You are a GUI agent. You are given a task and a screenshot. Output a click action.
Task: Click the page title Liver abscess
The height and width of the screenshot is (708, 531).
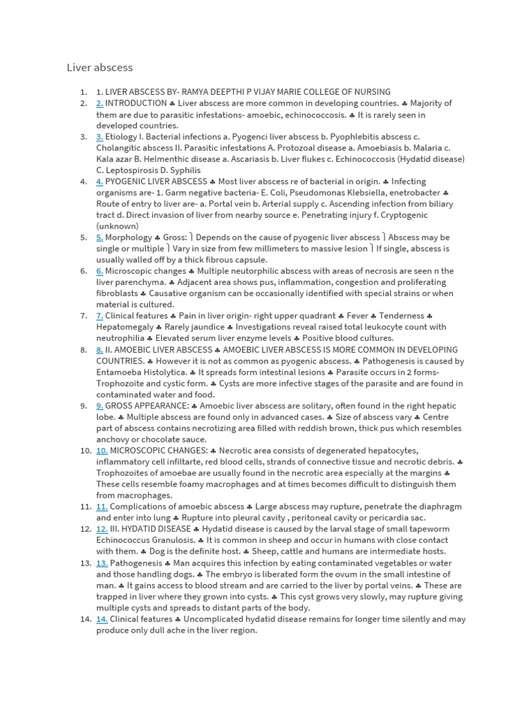pos(100,68)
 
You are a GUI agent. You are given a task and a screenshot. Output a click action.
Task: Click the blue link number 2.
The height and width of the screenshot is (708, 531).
pos(100,104)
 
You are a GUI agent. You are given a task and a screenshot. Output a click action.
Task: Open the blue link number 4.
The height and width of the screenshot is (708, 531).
pos(100,182)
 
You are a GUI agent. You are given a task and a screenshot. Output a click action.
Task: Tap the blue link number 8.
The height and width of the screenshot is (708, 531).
pos(100,350)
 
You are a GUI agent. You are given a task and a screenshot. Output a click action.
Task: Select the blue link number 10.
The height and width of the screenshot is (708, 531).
pos(102,451)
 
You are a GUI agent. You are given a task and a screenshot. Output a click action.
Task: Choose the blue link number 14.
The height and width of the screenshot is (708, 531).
pos(102,619)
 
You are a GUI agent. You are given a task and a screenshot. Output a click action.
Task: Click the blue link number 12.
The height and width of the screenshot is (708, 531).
pos(102,530)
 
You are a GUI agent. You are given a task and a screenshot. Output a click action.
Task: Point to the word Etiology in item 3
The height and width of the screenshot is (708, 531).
pos(121,137)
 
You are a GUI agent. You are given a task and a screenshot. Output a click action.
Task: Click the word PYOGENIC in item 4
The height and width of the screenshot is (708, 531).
pos(124,182)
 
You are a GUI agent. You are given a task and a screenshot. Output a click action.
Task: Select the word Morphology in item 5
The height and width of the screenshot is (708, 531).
pos(129,238)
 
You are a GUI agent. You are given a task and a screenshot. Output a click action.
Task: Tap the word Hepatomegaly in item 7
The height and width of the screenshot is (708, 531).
pos(125,327)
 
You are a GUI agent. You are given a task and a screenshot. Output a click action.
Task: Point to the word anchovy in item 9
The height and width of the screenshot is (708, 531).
pos(113,440)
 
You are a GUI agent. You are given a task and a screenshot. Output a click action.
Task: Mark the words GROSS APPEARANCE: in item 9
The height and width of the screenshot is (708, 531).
pos(147,406)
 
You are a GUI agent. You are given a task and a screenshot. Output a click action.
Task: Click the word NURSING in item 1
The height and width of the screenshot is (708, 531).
pos(372,92)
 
